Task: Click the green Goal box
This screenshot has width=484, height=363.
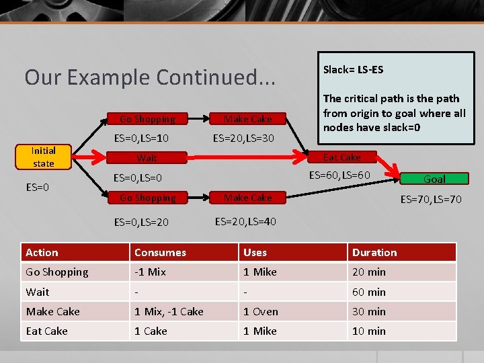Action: [x=434, y=179]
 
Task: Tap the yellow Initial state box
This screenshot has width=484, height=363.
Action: [x=43, y=157]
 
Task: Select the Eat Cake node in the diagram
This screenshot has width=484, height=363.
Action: [x=342, y=157]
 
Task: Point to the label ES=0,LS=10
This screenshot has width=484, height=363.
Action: [x=141, y=138]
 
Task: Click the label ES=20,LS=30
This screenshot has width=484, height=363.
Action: [x=243, y=138]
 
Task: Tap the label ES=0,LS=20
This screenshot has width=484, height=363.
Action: [x=141, y=222]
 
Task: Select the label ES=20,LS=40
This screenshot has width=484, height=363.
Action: [x=245, y=221]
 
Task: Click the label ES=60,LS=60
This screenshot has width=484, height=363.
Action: [x=339, y=175]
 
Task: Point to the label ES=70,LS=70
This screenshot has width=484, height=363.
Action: [x=431, y=199]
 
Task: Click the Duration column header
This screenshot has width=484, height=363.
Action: [x=374, y=253]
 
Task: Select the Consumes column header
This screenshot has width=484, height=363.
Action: [x=160, y=253]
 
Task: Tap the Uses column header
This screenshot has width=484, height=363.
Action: [x=255, y=253]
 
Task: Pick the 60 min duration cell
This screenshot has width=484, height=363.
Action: [x=368, y=292]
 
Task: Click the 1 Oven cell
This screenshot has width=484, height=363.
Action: [x=260, y=311]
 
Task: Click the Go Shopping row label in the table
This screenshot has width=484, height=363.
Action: [x=57, y=272]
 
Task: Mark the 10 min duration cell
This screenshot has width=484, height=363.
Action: [x=368, y=331]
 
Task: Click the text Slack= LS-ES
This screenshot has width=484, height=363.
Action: [x=353, y=69]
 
